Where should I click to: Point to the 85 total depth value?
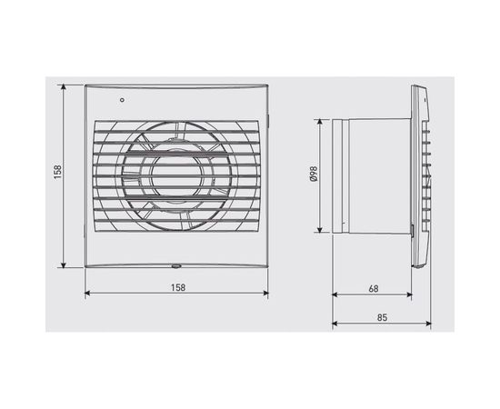[381, 318]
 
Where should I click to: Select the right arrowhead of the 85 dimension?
[427, 325]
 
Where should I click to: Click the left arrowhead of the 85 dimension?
[335, 325]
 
